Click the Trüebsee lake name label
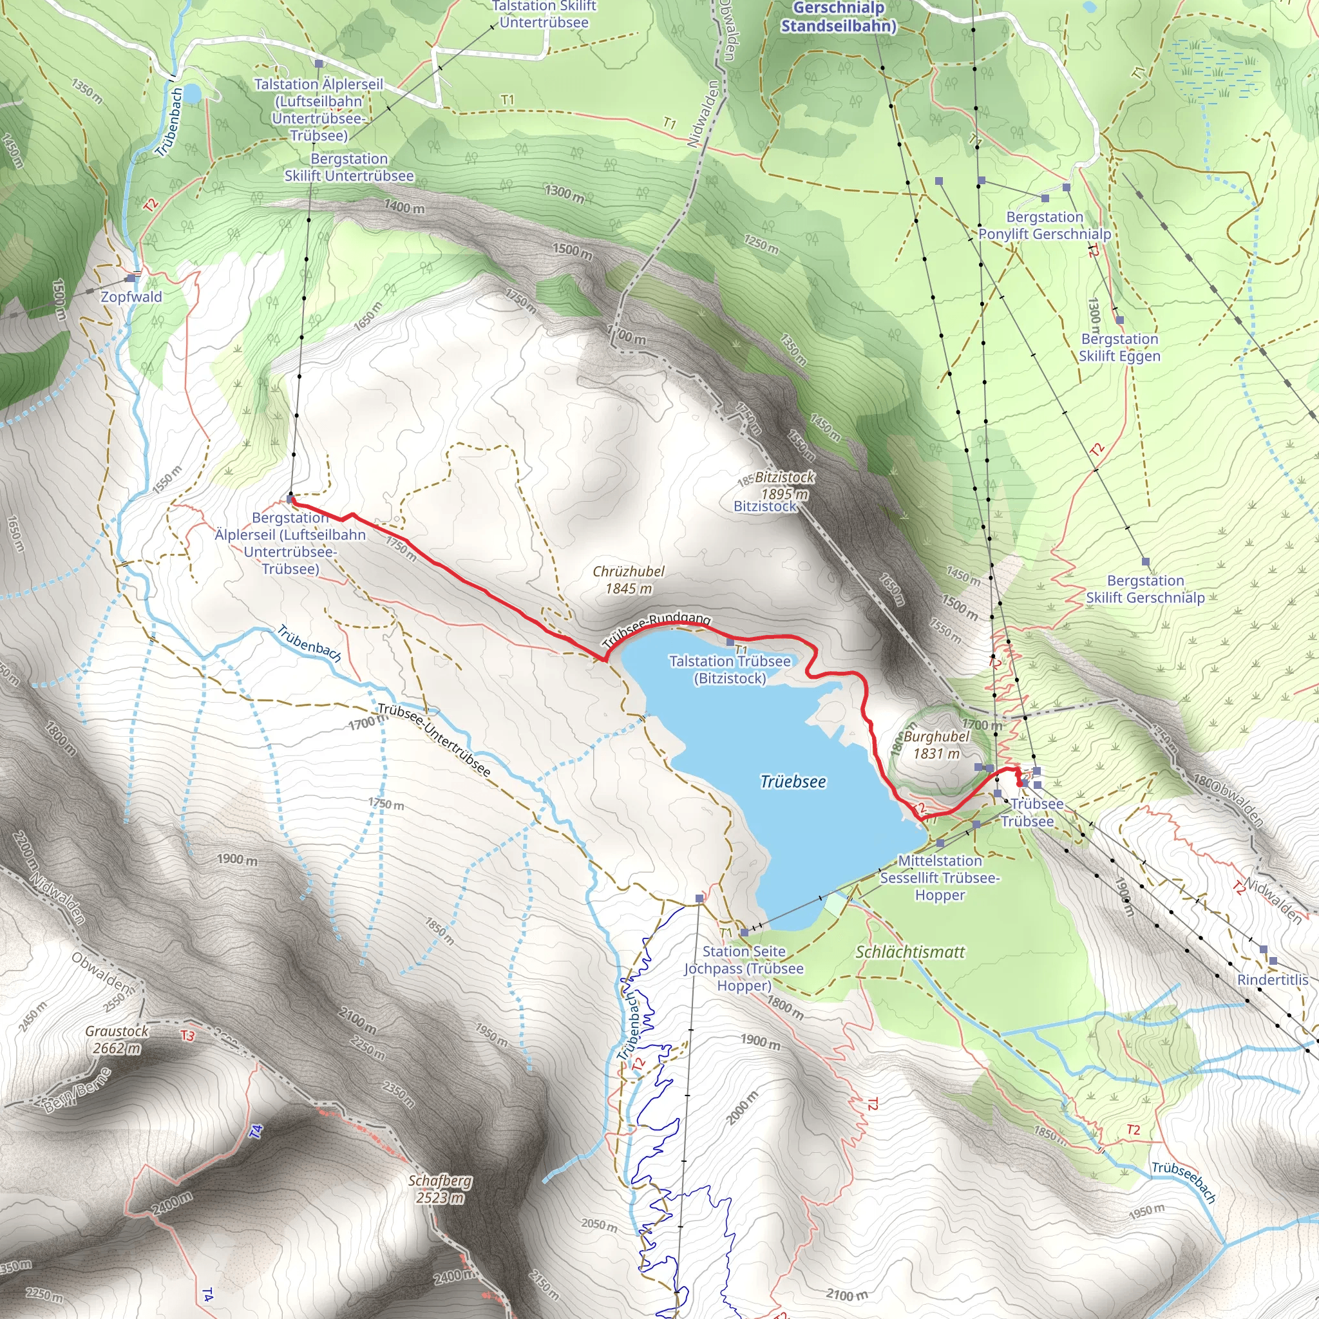coord(793,782)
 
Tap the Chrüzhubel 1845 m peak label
coord(628,580)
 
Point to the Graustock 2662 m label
coord(117,1039)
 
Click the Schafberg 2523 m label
coord(440,1189)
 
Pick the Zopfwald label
coord(131,297)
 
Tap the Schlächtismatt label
coord(910,952)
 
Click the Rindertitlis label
coord(1273,980)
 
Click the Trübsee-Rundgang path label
coord(656,629)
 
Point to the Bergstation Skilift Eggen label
coord(1119,348)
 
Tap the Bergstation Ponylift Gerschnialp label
coord(1045,225)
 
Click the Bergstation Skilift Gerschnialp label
coord(1146,589)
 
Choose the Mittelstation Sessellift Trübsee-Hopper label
coord(940,878)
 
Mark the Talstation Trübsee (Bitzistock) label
coord(730,670)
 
